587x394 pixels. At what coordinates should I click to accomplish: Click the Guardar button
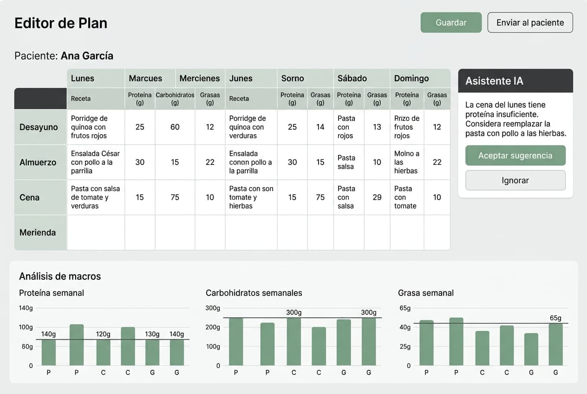tap(451, 23)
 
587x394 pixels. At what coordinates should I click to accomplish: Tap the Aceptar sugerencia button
tap(515, 156)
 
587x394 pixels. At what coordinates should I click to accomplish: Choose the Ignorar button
tap(515, 180)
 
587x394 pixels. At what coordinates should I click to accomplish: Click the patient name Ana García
tap(87, 56)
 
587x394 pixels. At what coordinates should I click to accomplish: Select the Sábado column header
tap(352, 78)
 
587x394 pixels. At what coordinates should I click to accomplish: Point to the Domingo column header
tap(411, 78)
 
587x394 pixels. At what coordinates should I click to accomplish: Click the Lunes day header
tap(83, 78)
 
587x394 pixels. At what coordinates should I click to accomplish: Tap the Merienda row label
tap(38, 232)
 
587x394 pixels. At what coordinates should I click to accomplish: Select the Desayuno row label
tap(39, 127)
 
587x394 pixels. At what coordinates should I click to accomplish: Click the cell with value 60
tap(175, 127)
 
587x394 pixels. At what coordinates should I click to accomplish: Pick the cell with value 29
tap(377, 197)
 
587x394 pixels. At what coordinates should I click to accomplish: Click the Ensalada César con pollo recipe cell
tap(95, 162)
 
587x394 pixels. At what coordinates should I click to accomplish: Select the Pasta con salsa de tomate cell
tap(95, 197)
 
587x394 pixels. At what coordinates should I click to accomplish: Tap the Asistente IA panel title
tap(494, 81)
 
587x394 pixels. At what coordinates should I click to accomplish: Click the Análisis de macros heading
tap(60, 276)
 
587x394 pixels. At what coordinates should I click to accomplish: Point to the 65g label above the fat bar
tap(555, 318)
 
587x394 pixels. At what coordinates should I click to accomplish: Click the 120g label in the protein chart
tap(103, 334)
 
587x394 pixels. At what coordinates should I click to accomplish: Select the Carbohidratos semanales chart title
tap(254, 293)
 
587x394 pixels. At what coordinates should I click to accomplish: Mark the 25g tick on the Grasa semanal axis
tap(405, 347)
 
